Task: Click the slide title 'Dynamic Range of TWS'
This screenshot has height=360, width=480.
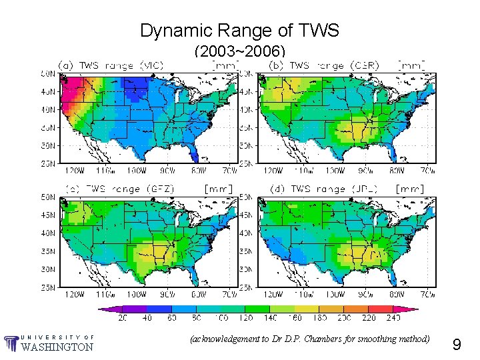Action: (239, 30)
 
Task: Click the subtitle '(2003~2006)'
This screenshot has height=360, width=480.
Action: (239, 51)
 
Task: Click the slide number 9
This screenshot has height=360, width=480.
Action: (457, 345)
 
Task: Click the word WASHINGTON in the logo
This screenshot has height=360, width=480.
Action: (57, 347)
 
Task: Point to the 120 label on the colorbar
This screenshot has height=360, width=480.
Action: (247, 319)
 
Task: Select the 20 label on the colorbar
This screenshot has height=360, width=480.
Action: (123, 319)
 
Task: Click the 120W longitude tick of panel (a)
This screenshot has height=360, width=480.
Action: (74, 169)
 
